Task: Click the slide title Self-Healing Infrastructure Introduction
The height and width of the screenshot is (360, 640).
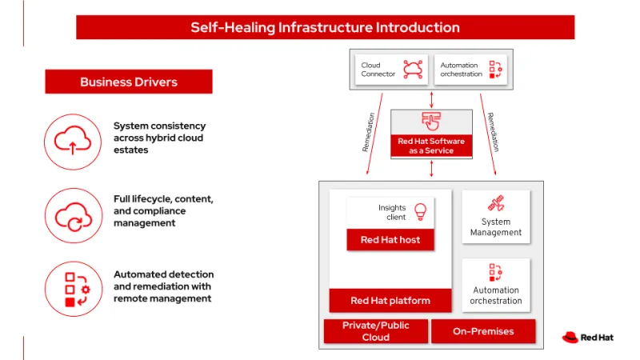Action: pos(325,27)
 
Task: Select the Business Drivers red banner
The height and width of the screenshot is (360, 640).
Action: pos(129,82)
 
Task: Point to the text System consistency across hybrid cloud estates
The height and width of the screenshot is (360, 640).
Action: pos(159,138)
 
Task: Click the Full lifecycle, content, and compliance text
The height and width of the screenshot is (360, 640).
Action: pos(163,210)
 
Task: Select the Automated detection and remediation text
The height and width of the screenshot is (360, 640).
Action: pos(163,286)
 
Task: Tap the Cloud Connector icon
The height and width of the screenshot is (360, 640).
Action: pos(413,70)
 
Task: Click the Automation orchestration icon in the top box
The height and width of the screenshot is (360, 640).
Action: pos(495,70)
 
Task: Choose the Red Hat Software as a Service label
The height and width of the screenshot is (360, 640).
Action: pos(431,146)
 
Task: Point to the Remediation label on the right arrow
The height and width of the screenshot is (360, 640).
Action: pos(493,132)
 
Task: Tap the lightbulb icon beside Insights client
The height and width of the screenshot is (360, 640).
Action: pos(419,211)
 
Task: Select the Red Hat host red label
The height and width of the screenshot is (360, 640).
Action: pos(390,239)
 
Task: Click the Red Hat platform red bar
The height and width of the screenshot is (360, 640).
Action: pos(390,301)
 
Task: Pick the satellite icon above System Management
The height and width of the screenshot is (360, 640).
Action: pos(496,203)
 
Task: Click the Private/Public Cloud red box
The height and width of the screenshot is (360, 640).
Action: pos(375,331)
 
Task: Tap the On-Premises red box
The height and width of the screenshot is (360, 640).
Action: pos(483,331)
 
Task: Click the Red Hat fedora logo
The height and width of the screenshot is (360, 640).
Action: pos(570,338)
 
